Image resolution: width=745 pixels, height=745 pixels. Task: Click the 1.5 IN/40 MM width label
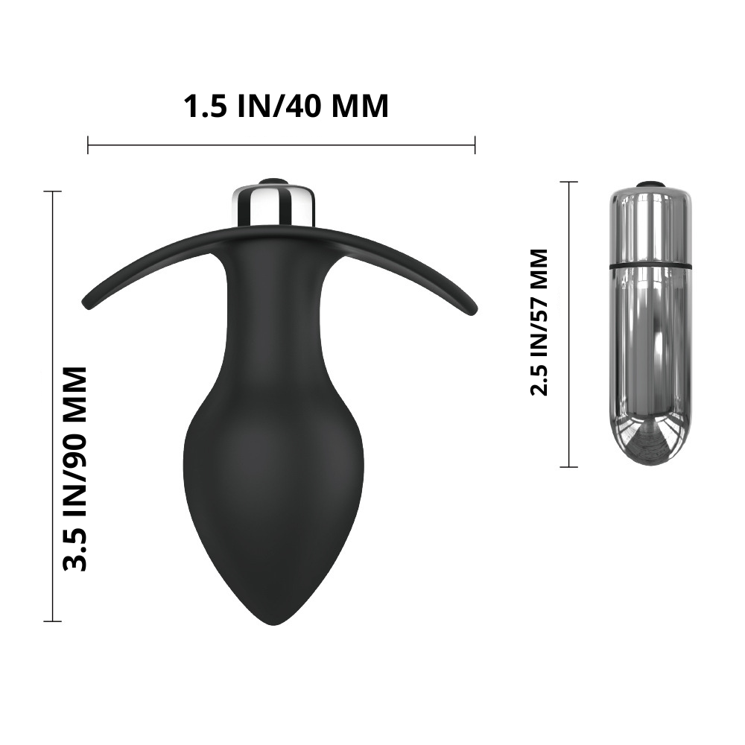(x=286, y=107)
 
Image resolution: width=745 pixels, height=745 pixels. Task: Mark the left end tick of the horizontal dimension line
(x=88, y=145)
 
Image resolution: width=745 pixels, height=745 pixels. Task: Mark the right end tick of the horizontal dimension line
(x=475, y=145)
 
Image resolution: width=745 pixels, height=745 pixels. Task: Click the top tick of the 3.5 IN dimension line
(x=52, y=191)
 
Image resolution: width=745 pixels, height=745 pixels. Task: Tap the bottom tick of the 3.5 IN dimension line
(x=52, y=621)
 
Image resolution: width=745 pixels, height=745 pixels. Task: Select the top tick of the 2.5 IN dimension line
(x=568, y=182)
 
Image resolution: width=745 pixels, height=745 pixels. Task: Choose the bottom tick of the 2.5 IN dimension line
(x=568, y=467)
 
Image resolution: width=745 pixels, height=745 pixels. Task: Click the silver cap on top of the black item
(x=275, y=203)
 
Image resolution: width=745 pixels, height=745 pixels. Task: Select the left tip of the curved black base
(x=88, y=304)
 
